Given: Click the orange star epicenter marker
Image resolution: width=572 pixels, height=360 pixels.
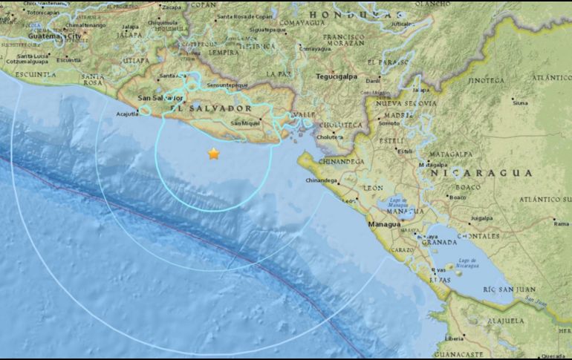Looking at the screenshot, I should click(214, 154).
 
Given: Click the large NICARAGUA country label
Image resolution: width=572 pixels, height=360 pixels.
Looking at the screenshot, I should click(481, 172).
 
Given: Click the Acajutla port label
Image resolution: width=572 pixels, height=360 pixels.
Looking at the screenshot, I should click(129, 114).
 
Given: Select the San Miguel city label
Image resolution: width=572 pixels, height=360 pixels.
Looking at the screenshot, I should click(245, 122).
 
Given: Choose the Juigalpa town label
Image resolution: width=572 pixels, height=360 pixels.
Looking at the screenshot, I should click(481, 218).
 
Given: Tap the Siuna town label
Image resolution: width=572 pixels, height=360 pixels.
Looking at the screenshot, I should click(519, 102).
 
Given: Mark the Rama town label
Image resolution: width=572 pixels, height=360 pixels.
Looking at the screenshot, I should click(561, 222).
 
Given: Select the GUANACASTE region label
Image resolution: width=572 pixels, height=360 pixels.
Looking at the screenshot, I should click(459, 354).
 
